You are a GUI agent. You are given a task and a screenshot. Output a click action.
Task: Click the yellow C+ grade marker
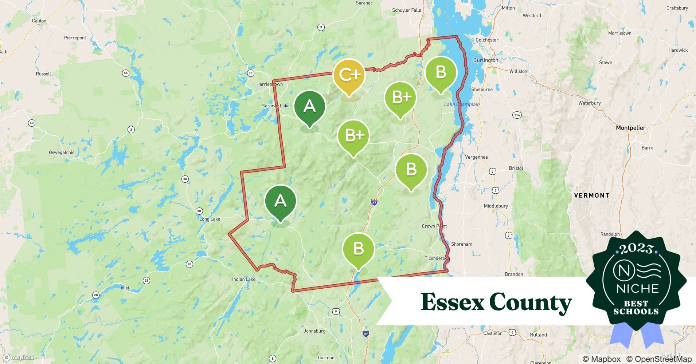coord(349,75)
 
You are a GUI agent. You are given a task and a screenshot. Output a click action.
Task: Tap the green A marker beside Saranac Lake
coord(309,106)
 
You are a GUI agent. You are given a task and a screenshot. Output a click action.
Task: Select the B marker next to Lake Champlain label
coord(441,72)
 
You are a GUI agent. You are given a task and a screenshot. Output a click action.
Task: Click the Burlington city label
coord(485,60)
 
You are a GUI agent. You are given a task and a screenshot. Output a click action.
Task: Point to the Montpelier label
coord(630,128)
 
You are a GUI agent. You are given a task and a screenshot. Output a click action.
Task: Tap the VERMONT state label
coord(591,195)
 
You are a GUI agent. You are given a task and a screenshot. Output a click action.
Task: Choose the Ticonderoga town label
coord(436,258)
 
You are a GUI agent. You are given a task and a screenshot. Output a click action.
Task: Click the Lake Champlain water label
coord(462,104)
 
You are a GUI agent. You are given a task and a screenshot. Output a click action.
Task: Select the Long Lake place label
coord(210,219)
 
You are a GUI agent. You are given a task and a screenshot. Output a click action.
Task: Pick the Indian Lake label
coord(244,280)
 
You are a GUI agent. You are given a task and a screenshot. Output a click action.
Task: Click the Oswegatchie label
coord(62,153)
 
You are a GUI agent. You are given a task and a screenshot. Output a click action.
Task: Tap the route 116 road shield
coord(517,115)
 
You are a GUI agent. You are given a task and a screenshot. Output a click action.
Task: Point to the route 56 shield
coord(125,73)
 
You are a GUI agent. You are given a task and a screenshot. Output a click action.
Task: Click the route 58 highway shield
coord(32,123)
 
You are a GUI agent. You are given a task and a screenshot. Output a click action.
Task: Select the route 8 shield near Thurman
coord(272,359)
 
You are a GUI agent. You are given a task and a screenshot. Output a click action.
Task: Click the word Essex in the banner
coord(452,302)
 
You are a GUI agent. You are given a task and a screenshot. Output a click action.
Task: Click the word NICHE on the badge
coord(637,289)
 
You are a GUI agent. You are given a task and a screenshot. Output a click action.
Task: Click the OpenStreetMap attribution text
coord(658,359)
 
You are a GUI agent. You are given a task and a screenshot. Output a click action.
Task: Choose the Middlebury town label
coord(496,206)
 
